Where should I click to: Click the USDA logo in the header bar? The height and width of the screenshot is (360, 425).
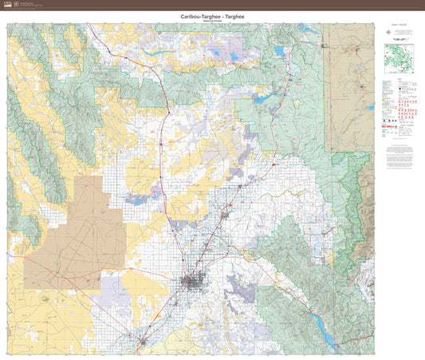tap(10, 5)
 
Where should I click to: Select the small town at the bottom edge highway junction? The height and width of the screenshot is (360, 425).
tap(143, 342)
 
